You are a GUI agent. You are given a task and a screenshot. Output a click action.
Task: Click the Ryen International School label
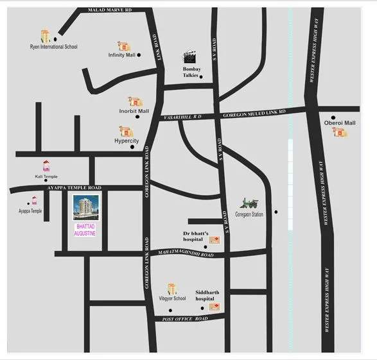(x=53, y=47)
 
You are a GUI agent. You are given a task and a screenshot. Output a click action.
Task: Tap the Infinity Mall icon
(x=123, y=46)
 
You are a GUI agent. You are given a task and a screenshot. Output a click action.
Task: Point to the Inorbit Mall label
(x=134, y=111)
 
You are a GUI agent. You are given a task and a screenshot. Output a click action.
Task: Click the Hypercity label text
(x=127, y=140)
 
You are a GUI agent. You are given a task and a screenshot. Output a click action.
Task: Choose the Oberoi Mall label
(x=340, y=123)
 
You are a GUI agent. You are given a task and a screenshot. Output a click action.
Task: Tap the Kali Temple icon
(x=46, y=166)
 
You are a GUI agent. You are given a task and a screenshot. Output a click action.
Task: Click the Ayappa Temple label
(x=30, y=210)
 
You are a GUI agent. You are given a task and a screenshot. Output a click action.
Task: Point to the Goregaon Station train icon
(x=249, y=203)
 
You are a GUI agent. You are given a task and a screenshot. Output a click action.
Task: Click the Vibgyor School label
(x=172, y=298)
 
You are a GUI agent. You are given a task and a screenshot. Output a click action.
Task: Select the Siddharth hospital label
(x=207, y=295)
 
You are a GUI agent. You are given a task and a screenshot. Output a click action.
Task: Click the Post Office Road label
(x=185, y=319)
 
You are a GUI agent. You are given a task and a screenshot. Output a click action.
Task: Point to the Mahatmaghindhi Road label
(x=182, y=254)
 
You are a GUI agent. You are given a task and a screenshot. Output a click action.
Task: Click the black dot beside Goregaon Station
(x=276, y=212)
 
